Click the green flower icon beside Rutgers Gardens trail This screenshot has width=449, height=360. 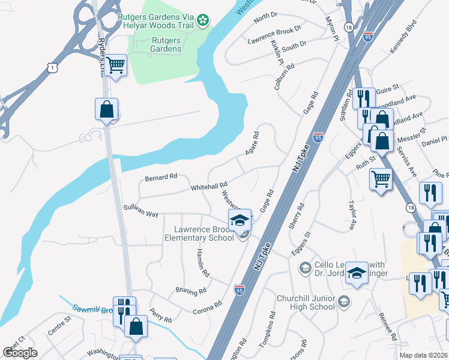pyautogui.click(x=204, y=20)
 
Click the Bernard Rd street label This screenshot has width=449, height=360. pyautogui.click(x=161, y=177)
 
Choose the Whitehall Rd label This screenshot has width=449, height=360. pyautogui.click(x=208, y=187)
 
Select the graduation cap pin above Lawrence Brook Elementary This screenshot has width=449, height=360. pyautogui.click(x=240, y=220)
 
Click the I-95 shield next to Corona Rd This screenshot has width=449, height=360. pyautogui.click(x=239, y=290)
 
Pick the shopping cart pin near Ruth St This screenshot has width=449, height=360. pyautogui.click(x=381, y=179)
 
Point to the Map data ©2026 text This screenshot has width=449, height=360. pyautogui.click(x=423, y=355)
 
